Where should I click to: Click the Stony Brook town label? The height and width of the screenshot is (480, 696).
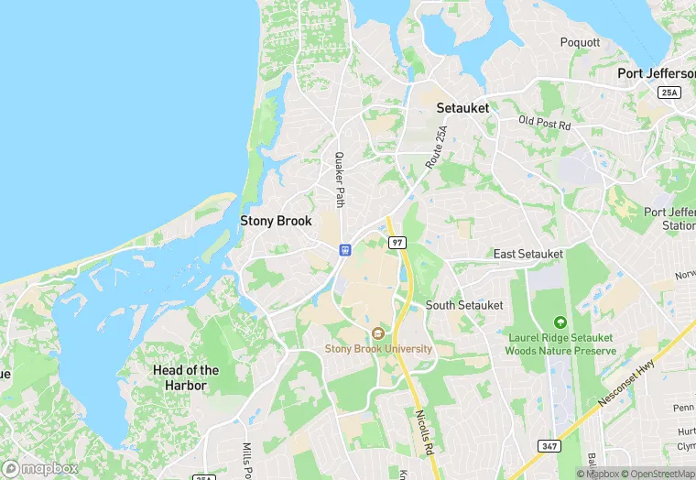click(276, 221)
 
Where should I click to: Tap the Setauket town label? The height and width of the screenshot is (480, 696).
click(462, 107)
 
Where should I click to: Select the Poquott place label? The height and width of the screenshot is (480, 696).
click(581, 42)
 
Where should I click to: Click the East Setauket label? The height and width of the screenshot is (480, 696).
click(530, 254)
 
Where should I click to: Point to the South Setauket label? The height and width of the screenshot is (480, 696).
click(464, 305)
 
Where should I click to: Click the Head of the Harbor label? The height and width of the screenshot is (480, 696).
click(186, 376)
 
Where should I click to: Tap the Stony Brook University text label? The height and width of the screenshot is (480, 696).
click(378, 349)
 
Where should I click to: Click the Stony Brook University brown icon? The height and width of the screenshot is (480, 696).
click(378, 333)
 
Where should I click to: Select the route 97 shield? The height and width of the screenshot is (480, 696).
click(396, 243)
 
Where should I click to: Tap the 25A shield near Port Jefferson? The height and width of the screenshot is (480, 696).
click(669, 93)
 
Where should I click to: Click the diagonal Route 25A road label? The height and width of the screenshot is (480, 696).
click(438, 147)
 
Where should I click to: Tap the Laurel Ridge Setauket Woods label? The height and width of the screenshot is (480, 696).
click(560, 344)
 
